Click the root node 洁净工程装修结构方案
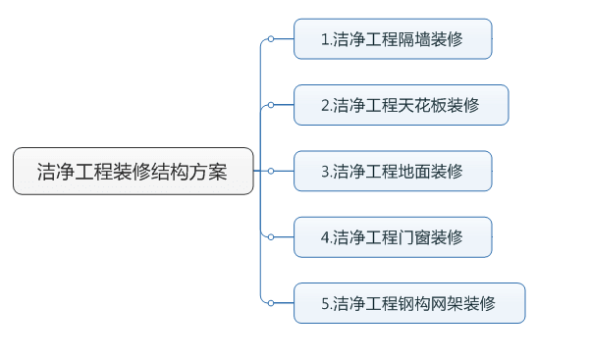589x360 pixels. point(133,172)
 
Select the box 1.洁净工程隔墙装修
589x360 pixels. point(393,40)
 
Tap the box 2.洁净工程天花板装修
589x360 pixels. point(401,105)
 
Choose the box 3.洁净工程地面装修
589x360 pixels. point(393,172)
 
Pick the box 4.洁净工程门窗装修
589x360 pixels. point(393,237)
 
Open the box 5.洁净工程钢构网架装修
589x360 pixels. point(409,303)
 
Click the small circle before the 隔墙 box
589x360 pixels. point(271,40)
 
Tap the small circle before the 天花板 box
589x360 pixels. point(271,105)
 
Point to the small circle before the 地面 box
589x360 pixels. point(271,172)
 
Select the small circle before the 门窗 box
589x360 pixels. point(271,237)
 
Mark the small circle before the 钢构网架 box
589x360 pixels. point(271,303)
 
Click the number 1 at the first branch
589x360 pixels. point(325,40)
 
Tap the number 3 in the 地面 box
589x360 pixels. point(325,172)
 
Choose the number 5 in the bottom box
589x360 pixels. point(325,303)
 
